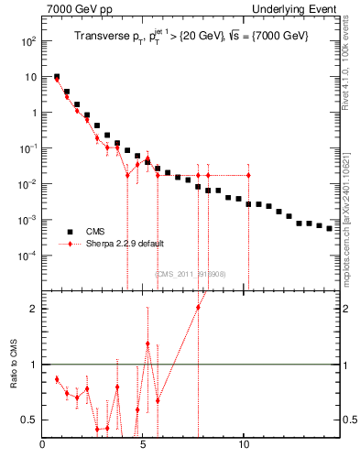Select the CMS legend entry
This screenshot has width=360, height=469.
94,232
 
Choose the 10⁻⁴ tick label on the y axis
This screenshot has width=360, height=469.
27,256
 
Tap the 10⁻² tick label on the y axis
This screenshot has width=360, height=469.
27,185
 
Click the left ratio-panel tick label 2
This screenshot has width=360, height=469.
34,309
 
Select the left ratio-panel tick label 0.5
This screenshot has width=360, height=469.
30,420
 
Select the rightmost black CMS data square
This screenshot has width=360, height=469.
329,228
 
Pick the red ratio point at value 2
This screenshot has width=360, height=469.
198,307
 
